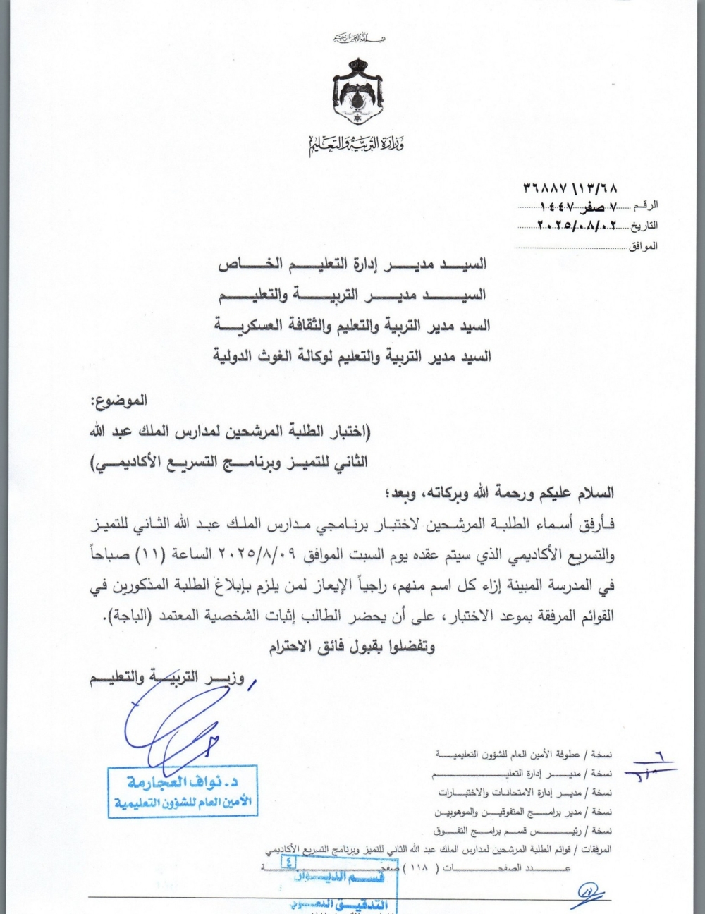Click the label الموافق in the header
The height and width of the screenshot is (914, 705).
(x=642, y=246)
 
